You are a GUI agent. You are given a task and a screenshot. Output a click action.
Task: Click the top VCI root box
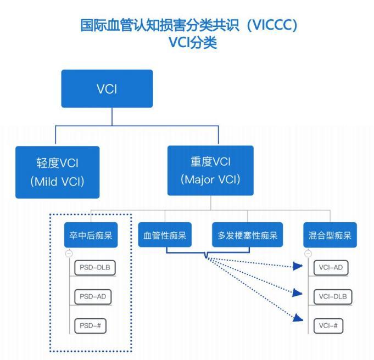107,88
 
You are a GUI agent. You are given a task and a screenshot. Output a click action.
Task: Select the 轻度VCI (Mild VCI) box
58,172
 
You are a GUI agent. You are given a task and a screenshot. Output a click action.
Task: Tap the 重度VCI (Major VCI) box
210,170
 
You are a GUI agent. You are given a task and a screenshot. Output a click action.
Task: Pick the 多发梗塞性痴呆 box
247,237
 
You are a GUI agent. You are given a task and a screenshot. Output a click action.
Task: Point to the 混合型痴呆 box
330,237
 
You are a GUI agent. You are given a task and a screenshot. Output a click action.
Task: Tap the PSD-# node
90,325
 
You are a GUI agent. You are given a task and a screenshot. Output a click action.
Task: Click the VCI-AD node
332,268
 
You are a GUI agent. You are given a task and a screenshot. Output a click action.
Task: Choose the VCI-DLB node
332,297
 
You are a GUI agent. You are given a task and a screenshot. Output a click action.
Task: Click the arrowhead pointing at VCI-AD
298,267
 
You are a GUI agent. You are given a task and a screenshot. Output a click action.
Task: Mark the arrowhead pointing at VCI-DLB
298,294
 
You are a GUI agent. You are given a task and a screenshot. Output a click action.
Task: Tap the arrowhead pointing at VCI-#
298,318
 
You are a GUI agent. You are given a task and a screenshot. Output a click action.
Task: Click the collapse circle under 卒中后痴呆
69,254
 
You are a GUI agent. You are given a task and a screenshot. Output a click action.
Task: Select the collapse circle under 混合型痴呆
308,254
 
